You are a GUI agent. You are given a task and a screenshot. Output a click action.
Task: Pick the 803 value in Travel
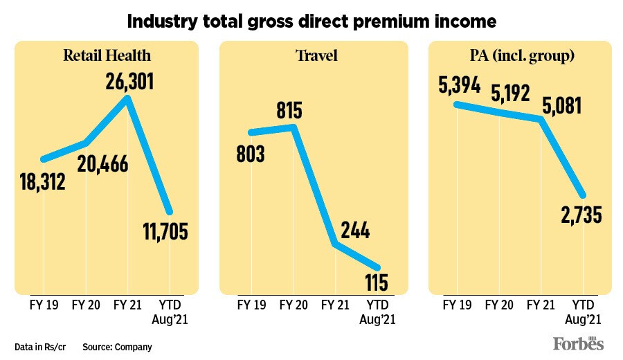[252, 154]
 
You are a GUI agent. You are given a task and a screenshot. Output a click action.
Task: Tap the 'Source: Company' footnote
[117, 346]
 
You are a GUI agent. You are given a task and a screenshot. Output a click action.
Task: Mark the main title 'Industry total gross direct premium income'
[311, 21]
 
